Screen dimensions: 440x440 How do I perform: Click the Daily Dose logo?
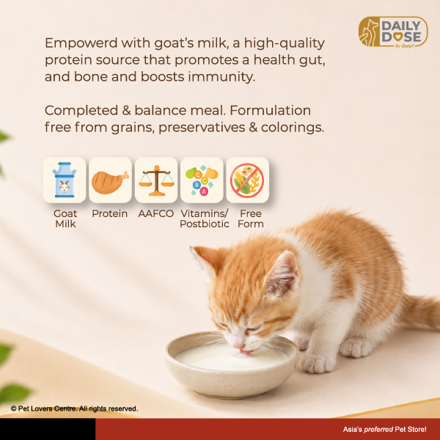[x=393, y=32]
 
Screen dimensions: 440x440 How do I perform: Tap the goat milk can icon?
[x=65, y=180]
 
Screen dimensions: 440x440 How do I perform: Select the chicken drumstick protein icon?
[x=110, y=182]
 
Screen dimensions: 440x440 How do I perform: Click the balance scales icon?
[x=156, y=180]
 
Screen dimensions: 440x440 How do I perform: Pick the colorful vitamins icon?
[x=202, y=180]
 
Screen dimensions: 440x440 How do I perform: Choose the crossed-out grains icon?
[x=247, y=180]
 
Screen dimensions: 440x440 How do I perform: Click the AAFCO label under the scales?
[x=156, y=213]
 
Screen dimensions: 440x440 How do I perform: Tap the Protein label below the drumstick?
[x=110, y=213]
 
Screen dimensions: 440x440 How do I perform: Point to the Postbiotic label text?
[x=205, y=224]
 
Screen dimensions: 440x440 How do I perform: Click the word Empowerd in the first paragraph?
[x=81, y=43]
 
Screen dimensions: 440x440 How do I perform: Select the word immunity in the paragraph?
[x=221, y=77]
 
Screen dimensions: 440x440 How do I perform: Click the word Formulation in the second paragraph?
[x=270, y=110]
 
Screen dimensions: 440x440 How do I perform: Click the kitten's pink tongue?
[x=245, y=352]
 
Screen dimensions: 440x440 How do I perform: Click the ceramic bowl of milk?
[x=231, y=364]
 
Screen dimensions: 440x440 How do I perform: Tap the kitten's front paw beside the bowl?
[x=318, y=364]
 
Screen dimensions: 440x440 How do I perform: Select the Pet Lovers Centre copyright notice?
[x=74, y=408]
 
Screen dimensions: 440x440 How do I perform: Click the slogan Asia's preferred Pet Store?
[x=384, y=429]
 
